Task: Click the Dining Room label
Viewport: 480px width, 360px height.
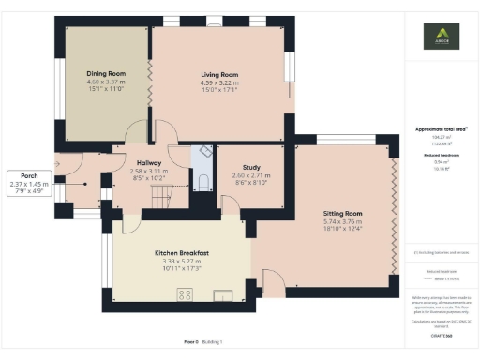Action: [x=105, y=73]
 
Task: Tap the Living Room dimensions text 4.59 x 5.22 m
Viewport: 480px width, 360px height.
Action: [x=219, y=82]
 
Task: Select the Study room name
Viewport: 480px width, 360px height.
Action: [x=250, y=167]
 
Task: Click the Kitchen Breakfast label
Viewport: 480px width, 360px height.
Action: [x=181, y=254]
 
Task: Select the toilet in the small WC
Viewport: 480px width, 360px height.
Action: [x=202, y=182]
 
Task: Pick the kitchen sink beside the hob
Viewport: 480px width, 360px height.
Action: [x=223, y=296]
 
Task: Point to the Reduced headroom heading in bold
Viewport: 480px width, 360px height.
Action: [x=440, y=155]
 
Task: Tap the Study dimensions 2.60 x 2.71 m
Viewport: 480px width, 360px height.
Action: [x=250, y=175]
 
